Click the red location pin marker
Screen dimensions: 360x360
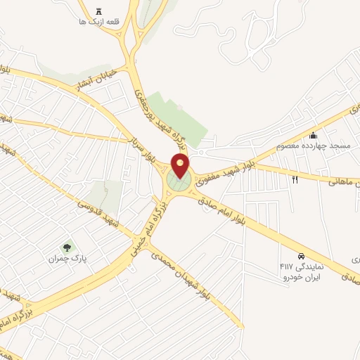[x=181, y=166]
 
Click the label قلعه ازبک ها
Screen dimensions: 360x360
[x=102, y=22]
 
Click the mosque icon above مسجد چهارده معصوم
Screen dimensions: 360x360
[x=313, y=135]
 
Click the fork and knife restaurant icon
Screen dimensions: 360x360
[x=295, y=180]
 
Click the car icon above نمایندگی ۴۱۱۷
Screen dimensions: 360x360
[x=301, y=257]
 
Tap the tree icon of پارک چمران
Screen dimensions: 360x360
[x=67, y=247]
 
